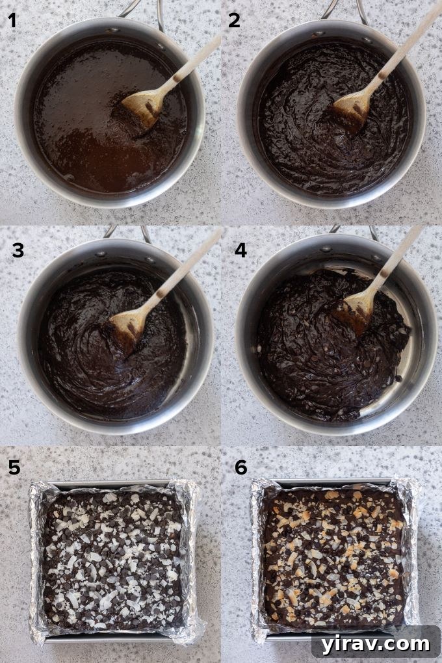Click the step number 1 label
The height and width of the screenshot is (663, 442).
12,21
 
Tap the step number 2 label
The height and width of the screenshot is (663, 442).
234,21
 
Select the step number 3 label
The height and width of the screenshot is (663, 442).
18,250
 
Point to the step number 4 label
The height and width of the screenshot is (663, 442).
240,250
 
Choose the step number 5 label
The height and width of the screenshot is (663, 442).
14,467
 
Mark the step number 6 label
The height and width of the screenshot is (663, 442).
241,467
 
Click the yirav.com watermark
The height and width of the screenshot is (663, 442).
375,643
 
